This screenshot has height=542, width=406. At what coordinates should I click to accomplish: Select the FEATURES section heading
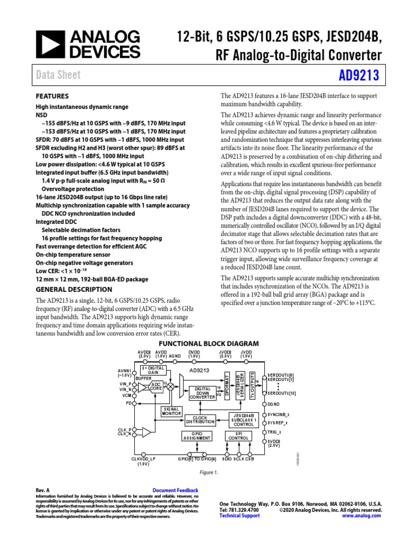click(x=52, y=97)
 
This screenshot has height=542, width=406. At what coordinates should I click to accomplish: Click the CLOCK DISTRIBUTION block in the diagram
click(x=200, y=420)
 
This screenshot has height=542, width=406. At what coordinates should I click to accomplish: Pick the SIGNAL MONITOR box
click(x=171, y=411)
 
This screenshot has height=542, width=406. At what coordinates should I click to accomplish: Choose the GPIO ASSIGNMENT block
click(x=197, y=436)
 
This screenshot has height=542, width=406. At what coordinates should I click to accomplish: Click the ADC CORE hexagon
click(x=156, y=386)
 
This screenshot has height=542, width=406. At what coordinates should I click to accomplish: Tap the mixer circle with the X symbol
click(x=170, y=387)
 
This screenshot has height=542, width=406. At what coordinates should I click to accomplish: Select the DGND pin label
click(x=275, y=404)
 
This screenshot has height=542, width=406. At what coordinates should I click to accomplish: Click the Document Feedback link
click(x=175, y=491)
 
